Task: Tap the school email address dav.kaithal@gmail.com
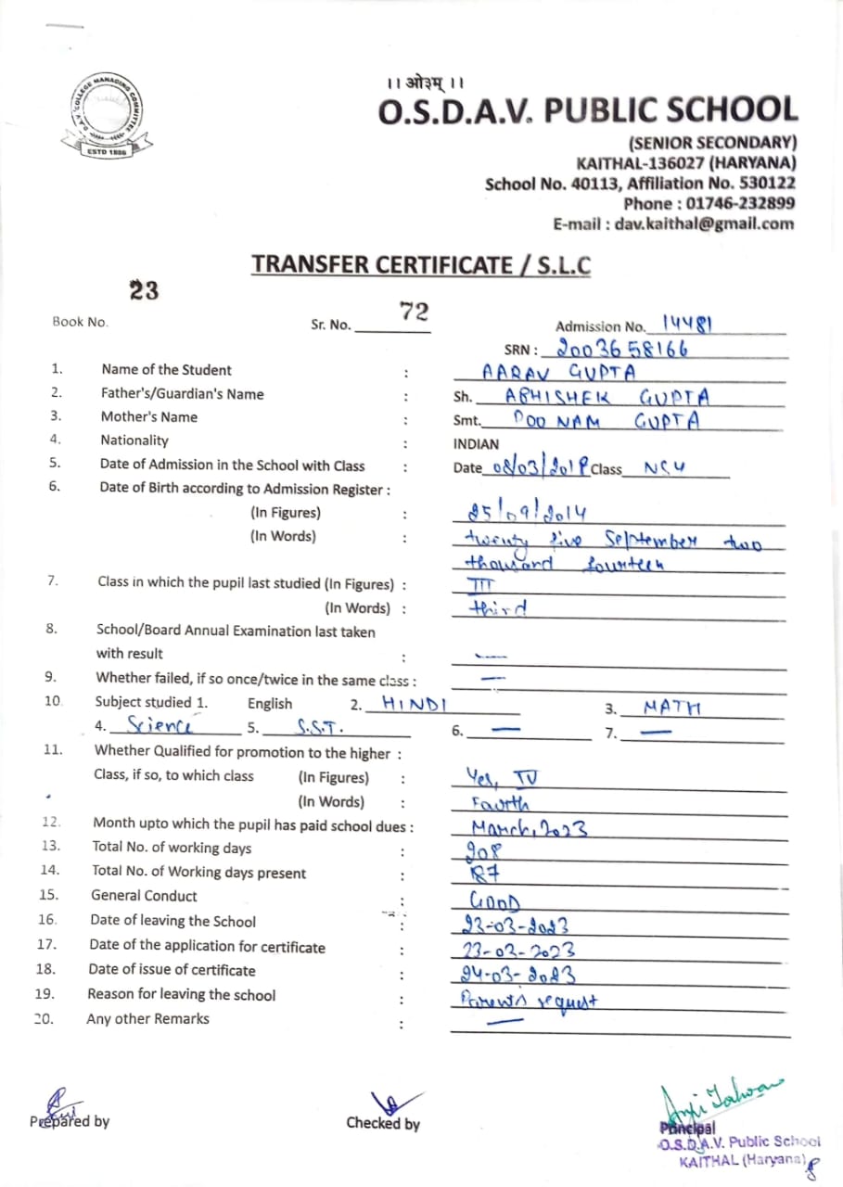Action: tap(673, 223)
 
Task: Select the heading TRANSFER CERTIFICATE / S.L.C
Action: tap(421, 264)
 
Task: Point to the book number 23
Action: tap(144, 291)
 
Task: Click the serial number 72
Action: tap(414, 312)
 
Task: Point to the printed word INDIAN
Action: tap(476, 444)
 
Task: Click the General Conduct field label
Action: tap(144, 896)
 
